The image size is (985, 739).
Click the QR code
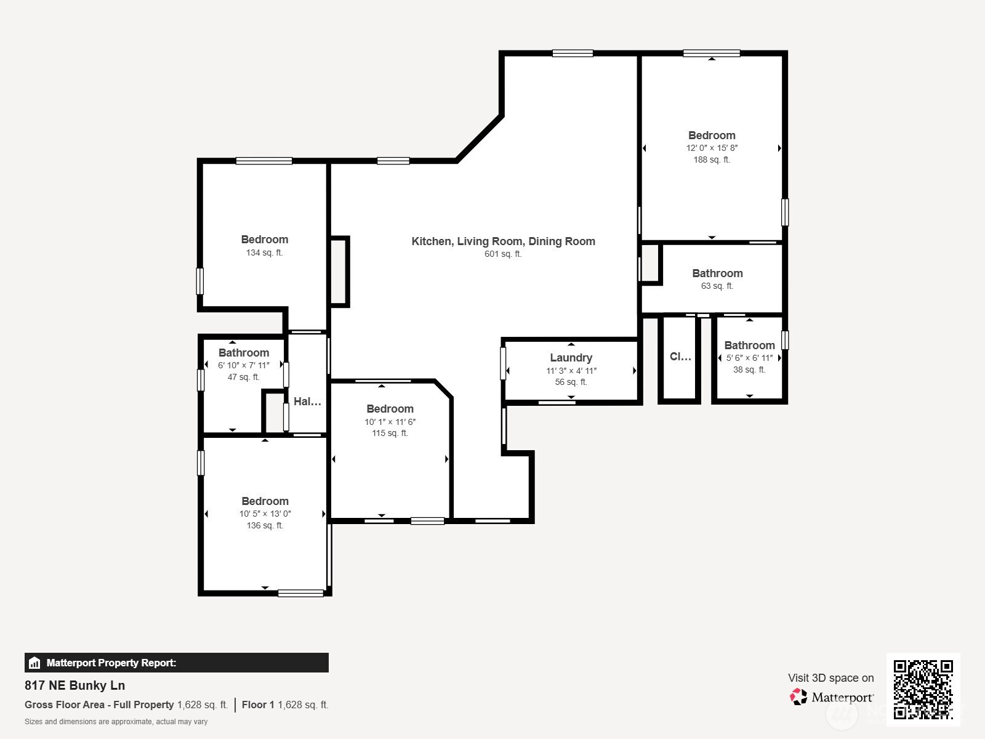923,689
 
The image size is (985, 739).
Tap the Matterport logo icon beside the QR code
798,697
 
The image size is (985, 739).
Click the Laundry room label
571,358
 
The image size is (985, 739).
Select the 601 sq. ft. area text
503,254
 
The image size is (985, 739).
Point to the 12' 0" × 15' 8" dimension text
712,148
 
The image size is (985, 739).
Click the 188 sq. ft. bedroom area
712,160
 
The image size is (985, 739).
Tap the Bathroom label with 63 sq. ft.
718,273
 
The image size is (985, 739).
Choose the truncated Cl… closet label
680,357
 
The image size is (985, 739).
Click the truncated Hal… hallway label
307,402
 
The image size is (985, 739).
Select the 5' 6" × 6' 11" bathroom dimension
750,358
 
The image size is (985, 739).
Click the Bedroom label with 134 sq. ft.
265,240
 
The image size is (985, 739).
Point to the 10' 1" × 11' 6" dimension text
390,422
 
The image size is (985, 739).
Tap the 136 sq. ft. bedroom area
265,525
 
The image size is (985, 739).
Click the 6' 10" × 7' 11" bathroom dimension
244,365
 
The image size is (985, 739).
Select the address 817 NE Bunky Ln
75,685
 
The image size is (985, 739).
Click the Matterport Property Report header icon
34,663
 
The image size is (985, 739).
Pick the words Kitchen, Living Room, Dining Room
504,241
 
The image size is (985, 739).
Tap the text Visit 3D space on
831,678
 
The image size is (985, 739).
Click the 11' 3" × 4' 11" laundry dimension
571,371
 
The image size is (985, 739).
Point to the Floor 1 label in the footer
258,705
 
